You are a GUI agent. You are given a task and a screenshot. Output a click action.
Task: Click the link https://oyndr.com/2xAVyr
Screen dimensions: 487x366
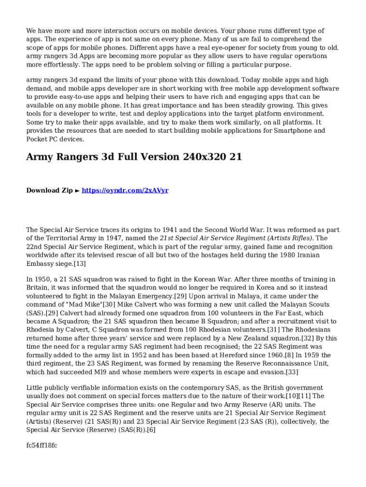[x=125, y=190]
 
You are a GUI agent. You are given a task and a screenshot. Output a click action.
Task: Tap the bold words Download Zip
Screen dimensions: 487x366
[x=49, y=190]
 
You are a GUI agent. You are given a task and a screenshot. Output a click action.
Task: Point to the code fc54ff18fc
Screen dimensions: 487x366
[x=42, y=445]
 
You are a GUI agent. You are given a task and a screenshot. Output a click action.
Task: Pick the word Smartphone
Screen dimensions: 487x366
[x=289, y=130]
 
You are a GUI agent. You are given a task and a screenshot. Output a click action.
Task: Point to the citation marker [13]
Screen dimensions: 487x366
[x=79, y=263]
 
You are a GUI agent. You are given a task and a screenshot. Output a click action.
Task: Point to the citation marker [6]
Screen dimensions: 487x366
[x=150, y=430]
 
